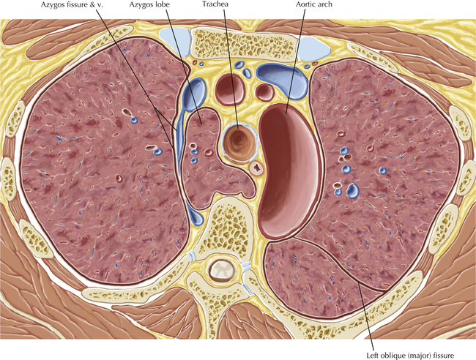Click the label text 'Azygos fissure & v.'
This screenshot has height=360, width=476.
tap(72, 5)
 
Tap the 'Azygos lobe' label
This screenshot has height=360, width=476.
tap(149, 5)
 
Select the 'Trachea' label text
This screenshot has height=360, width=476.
tap(215, 4)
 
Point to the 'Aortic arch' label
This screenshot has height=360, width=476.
tap(314, 4)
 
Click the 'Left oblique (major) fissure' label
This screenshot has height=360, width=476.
tap(410, 355)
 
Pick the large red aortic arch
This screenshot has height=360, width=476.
tap(289, 170)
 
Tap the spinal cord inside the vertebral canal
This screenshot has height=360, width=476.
tap(223, 270)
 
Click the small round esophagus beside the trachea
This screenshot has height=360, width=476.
tap(257, 168)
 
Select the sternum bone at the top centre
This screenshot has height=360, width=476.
tap(242, 44)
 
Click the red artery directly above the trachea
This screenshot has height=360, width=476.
tap(230, 89)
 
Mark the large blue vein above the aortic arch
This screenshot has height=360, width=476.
tap(283, 80)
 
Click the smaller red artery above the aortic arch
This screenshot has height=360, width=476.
tap(264, 92)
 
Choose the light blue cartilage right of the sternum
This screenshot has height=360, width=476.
tap(313, 48)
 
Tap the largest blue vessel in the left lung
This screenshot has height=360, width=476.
tap(353, 190)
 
